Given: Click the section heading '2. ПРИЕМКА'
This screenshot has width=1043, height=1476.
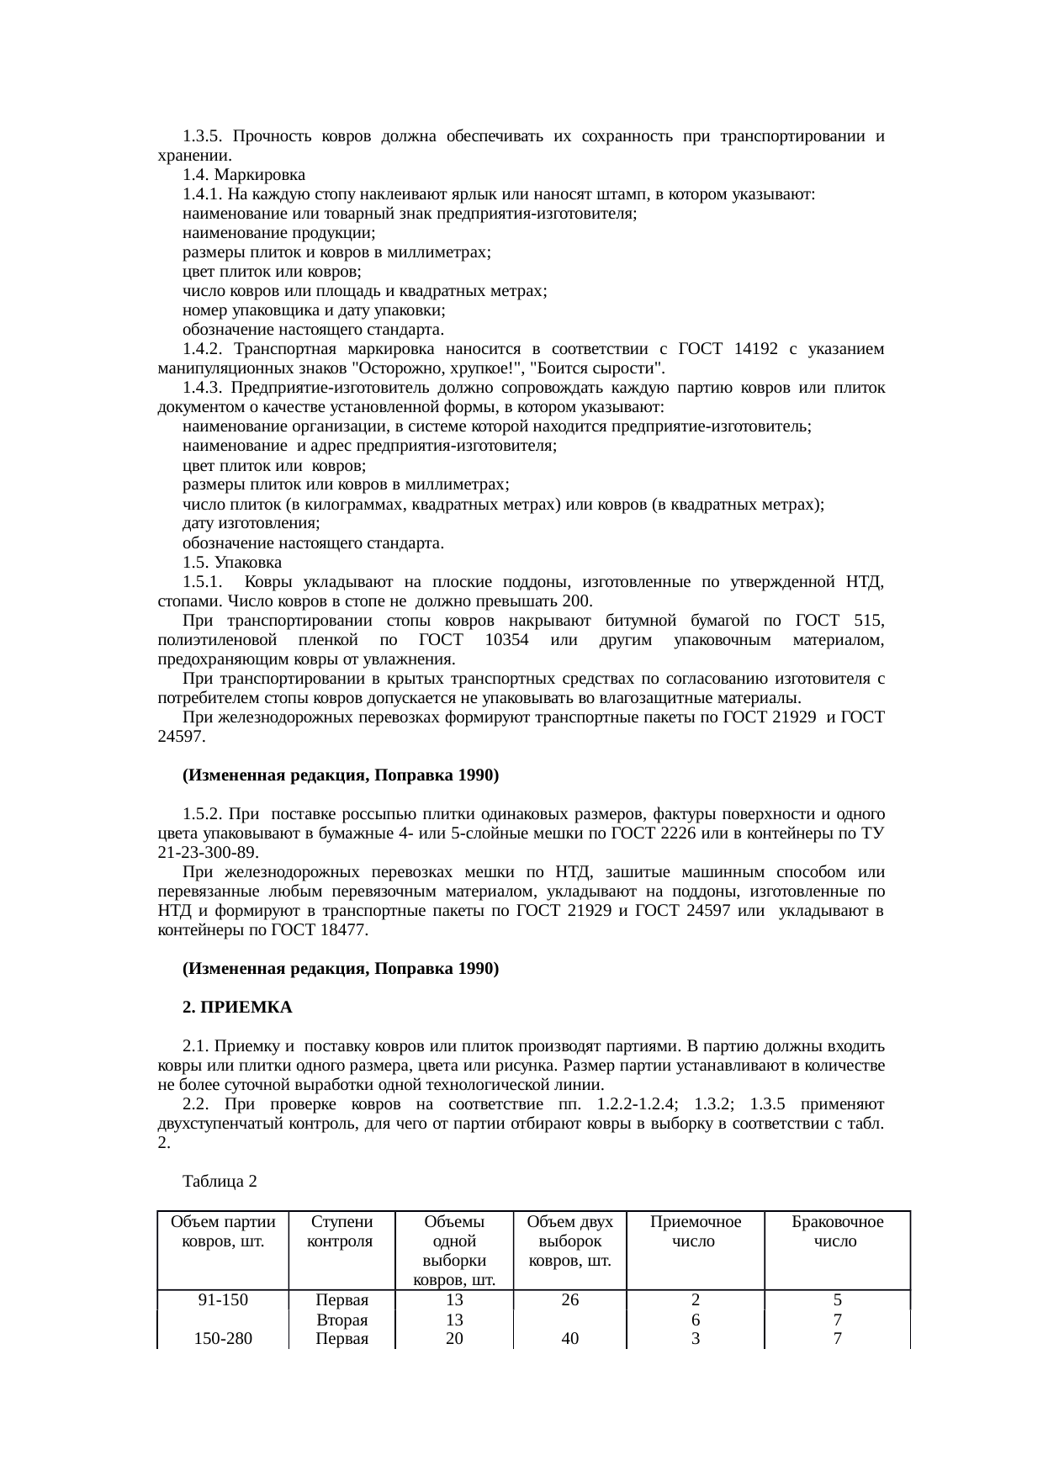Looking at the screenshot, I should point(237,1007).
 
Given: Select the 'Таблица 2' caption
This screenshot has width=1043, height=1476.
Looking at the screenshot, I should point(219,1182).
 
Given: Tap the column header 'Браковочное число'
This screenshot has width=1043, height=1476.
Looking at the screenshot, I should point(836,1231).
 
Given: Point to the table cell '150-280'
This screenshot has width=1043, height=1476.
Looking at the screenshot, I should point(222,1338).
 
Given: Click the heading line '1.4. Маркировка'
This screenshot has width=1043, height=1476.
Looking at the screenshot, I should point(243,175).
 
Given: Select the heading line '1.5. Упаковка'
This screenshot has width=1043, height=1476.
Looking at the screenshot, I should point(231,562).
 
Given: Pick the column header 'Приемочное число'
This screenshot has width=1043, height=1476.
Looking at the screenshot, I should point(695,1231).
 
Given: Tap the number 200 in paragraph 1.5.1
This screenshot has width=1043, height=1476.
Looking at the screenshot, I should point(577,601).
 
